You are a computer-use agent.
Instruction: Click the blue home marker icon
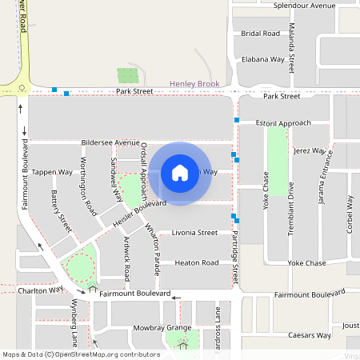coord(180,173)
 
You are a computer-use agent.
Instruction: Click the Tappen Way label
coord(52,172)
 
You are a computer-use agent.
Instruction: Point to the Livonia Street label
coord(195,233)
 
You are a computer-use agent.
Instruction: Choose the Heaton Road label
coord(197,262)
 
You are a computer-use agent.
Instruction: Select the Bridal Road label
coord(261,34)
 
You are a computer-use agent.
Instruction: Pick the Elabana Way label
coord(263,59)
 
